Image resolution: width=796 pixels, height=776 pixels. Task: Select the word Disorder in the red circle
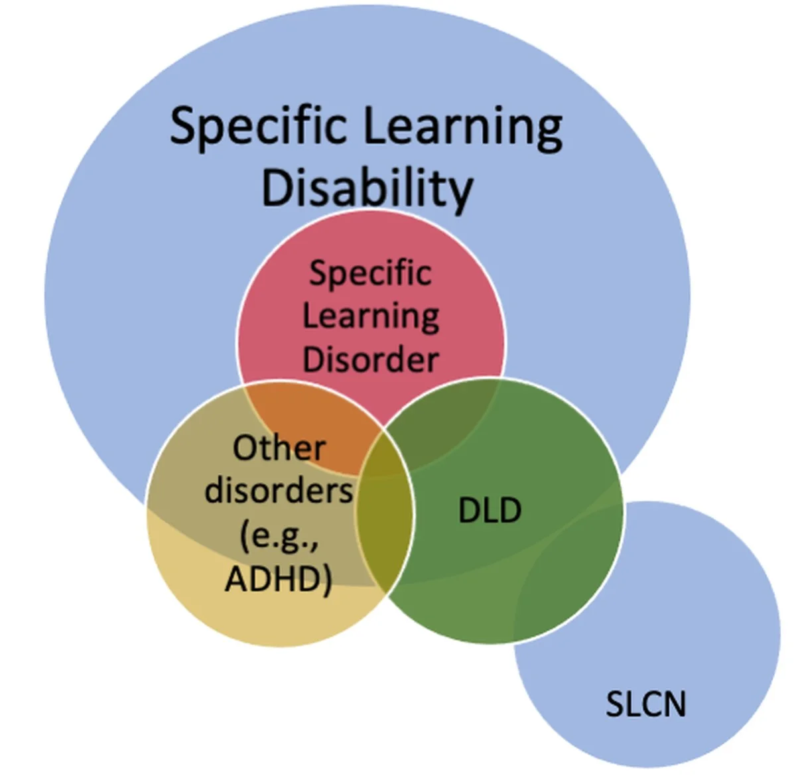click(371, 359)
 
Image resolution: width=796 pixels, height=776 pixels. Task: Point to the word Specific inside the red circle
click(371, 274)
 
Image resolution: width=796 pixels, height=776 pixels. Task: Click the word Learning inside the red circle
click(371, 316)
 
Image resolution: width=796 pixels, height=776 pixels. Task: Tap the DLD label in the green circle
click(490, 510)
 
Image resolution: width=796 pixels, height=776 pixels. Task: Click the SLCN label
click(645, 704)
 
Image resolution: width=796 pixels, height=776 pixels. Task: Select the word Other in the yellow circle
click(279, 448)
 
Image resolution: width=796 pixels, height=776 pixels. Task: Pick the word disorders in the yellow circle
click(279, 491)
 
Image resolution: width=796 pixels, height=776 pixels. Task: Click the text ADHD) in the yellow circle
click(279, 578)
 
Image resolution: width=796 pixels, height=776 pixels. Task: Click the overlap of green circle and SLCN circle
click(564, 584)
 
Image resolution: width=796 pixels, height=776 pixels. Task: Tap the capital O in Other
click(244, 448)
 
